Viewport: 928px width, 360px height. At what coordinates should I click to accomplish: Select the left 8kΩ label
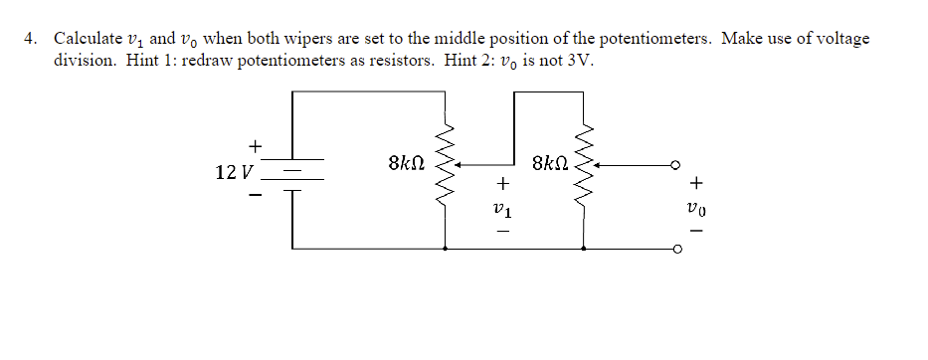pyautogui.click(x=408, y=162)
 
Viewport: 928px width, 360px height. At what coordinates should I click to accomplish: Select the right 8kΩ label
pyautogui.click(x=552, y=162)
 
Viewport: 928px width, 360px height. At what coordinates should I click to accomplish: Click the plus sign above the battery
pyautogui.click(x=255, y=146)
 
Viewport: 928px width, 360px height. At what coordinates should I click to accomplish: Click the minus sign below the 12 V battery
pyautogui.click(x=255, y=196)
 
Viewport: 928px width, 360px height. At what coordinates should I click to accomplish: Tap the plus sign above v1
pyautogui.click(x=503, y=184)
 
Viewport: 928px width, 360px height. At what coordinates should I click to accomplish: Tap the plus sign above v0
pyautogui.click(x=697, y=184)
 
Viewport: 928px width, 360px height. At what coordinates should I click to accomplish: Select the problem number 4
pyautogui.click(x=31, y=39)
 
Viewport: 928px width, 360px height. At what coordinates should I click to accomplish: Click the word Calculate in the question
pyautogui.click(x=87, y=39)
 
